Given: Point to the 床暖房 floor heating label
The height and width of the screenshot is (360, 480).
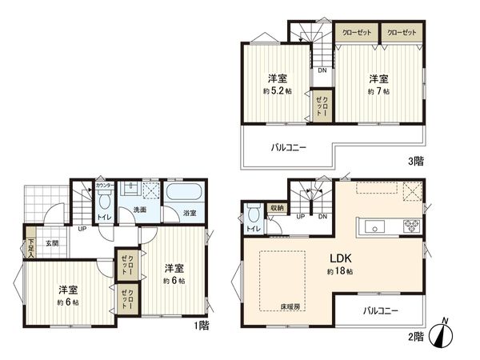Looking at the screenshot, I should pos(290,306).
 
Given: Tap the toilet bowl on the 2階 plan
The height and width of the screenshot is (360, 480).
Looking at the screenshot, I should pos(253,214).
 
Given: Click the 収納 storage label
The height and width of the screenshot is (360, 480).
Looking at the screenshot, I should pos(276,207).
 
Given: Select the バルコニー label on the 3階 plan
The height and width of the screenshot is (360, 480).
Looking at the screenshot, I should pos(287,147).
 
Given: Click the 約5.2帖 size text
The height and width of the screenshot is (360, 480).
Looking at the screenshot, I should pos(278,92).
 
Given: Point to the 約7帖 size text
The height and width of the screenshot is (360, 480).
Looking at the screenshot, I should pos(379,92).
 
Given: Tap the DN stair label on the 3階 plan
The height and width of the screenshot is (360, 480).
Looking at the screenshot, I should pos(321,70).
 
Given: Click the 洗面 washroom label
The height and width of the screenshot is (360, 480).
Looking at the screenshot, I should pos(139,210).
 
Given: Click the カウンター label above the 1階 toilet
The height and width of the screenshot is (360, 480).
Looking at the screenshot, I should pos(102,186).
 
